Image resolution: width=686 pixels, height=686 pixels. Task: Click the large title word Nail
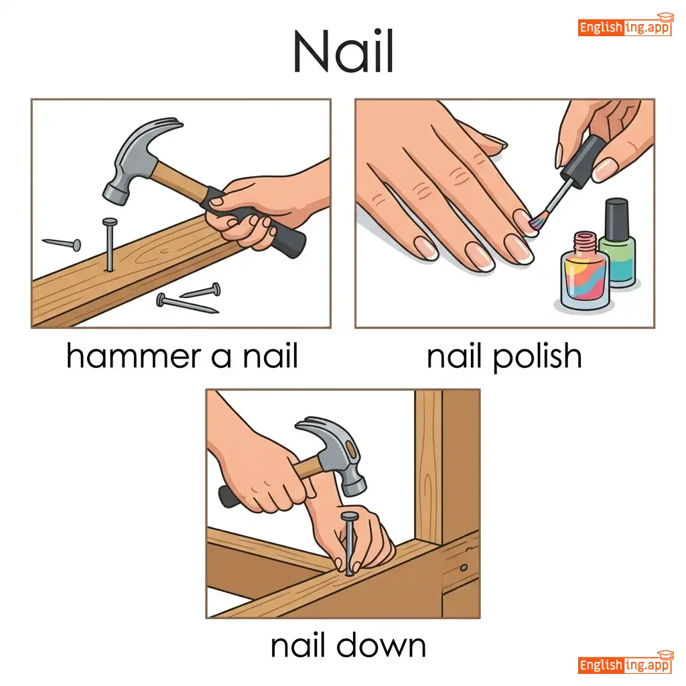[344, 52]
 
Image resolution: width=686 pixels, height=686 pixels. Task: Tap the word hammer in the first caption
[133, 355]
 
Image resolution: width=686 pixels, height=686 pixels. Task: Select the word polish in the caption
[537, 357]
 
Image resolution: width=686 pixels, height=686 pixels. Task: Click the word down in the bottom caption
[381, 645]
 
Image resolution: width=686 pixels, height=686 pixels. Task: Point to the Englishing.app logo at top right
[625, 25]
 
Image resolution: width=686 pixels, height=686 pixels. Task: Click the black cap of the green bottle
[617, 219]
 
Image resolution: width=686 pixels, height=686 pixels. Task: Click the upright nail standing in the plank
[110, 245]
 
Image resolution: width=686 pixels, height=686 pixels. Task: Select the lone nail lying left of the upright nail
[62, 243]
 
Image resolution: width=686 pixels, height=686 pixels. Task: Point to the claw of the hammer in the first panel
[168, 126]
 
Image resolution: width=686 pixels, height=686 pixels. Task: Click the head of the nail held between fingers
[349, 517]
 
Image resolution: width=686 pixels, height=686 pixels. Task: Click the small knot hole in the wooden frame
[464, 568]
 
